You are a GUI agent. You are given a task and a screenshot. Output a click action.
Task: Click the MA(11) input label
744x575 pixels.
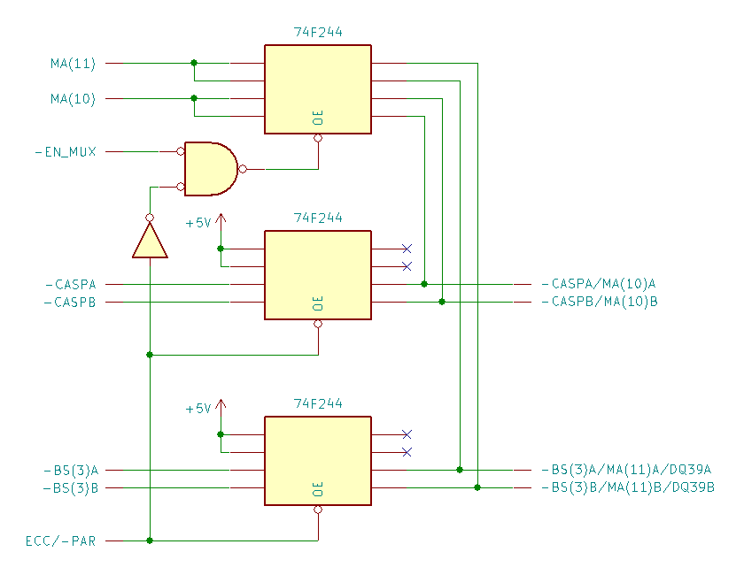(73, 64)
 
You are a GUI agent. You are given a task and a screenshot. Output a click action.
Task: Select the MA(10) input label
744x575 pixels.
(73, 99)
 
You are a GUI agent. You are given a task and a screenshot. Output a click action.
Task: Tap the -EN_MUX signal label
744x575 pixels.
(65, 152)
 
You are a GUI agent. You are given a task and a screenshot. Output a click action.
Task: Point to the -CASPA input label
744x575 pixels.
(70, 285)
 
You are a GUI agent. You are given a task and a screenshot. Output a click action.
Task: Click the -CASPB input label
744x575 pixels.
(70, 303)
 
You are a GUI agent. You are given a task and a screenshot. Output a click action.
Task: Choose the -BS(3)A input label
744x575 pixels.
(70, 471)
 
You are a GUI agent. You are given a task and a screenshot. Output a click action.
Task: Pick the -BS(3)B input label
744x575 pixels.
(70, 488)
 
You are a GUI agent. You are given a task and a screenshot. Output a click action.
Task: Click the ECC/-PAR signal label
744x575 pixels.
(61, 540)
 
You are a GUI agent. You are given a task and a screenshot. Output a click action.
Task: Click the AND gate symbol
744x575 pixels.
(211, 169)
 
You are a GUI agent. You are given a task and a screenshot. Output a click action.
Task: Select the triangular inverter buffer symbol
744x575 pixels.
(150, 240)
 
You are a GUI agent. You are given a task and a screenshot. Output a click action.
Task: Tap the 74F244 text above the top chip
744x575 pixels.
(318, 32)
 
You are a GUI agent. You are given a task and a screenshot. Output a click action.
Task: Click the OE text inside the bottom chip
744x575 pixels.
(317, 489)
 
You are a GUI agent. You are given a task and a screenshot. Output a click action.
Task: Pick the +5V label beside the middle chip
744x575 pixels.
(198, 223)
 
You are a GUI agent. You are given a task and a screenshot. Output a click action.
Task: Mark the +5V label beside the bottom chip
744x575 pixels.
(198, 409)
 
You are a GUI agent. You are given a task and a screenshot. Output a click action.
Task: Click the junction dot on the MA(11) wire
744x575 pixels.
(194, 63)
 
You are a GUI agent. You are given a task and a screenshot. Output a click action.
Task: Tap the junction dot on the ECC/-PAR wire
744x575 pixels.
(150, 540)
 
